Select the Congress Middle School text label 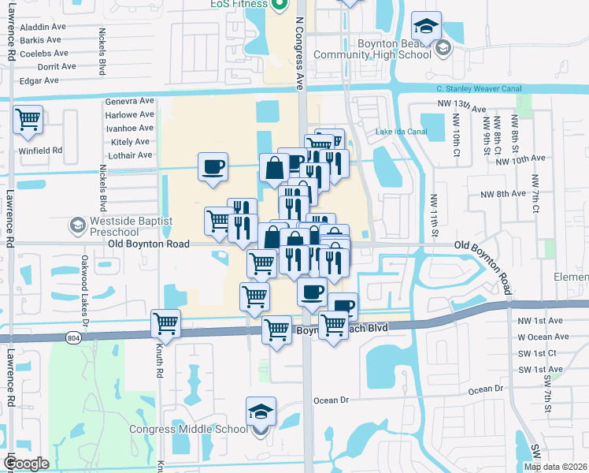coord(188,430)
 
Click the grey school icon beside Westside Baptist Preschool coord(77,226)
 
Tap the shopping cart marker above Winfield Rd coord(28,121)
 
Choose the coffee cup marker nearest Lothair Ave coord(213,167)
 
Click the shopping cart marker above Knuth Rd coord(165,322)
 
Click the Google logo coord(26,464)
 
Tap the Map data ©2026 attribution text coord(556,467)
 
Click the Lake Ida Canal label coord(401,131)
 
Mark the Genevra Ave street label coord(130,101)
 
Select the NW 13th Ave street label coord(457,103)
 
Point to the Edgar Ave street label coord(41,80)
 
